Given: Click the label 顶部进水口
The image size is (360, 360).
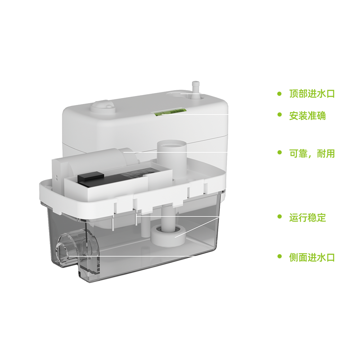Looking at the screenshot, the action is [312, 94].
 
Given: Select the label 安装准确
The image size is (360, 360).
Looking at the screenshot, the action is [307, 116].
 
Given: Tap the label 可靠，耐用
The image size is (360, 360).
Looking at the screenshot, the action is [312, 154].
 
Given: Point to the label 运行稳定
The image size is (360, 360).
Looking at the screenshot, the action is [307, 217].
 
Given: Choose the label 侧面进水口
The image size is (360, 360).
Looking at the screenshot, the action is [312, 257].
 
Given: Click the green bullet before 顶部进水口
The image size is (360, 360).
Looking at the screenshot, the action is [279, 94].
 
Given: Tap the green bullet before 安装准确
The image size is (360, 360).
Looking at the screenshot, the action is [279, 114].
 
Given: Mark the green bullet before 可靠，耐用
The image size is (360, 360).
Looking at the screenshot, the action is [279, 152].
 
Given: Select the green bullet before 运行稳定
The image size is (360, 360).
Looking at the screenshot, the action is [279, 216].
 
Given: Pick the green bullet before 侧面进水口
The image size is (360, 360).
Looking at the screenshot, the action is [279, 256].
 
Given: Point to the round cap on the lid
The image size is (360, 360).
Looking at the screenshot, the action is [103, 107].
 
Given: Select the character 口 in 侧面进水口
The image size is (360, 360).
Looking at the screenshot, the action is [330, 257].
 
